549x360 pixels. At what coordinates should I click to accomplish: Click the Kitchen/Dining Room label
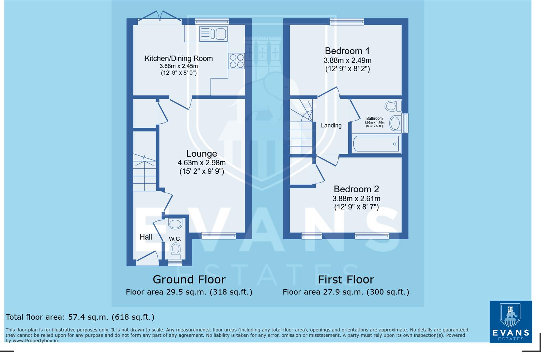178,59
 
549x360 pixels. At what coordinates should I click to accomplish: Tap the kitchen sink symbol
213,34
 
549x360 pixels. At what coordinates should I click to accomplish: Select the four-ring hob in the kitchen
236,61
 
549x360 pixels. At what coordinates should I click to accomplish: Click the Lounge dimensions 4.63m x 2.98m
201,163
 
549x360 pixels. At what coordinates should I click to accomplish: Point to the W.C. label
175,239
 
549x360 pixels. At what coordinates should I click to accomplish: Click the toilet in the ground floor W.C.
175,250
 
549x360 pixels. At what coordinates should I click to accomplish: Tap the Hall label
146,237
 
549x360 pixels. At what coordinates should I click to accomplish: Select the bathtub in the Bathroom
376,144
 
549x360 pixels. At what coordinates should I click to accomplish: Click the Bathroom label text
374,118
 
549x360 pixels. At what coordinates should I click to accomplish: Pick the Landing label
331,126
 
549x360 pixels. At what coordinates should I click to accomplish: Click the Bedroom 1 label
347,51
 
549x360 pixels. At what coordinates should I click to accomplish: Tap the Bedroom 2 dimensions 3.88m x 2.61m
356,199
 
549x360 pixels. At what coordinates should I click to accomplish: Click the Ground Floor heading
189,279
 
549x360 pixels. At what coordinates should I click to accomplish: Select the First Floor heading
346,279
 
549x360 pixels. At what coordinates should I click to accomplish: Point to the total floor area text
80,317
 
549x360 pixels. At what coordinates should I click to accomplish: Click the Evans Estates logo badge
510,322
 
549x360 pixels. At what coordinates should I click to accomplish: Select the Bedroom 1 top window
347,22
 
